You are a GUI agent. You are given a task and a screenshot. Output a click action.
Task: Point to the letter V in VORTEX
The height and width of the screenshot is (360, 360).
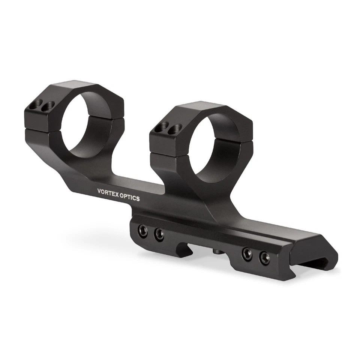(99, 191)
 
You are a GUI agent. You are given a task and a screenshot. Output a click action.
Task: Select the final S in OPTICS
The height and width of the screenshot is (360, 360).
(138, 198)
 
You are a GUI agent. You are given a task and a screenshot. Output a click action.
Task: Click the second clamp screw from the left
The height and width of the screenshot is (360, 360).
(159, 235)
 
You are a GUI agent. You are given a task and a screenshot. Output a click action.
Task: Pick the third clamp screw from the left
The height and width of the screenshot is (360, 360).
(247, 254)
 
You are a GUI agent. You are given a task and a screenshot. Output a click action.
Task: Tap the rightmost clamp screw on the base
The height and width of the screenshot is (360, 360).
(264, 258)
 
